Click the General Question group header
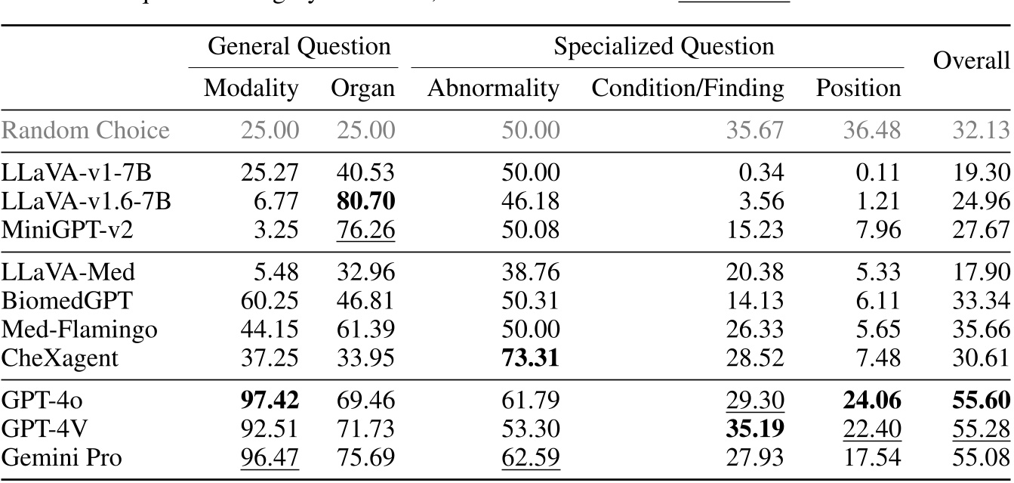pos(299,47)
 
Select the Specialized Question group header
pos(664,47)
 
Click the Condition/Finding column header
pos(688,88)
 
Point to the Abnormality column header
pos(494,88)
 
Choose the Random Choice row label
pos(85,131)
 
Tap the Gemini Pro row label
pos(63,457)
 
